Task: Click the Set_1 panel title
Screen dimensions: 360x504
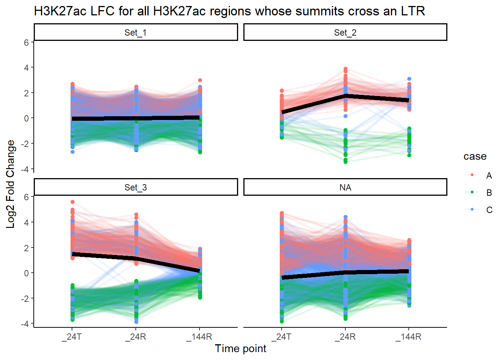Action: tap(135, 33)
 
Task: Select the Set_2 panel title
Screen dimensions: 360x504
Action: tap(345, 33)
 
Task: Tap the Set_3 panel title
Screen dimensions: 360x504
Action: tap(135, 187)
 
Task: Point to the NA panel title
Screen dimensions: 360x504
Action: tap(345, 187)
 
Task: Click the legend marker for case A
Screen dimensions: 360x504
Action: tap(472, 175)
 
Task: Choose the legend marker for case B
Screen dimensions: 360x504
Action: tap(472, 192)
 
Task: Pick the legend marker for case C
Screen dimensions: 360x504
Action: tap(472, 210)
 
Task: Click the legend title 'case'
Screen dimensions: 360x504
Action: tap(475, 156)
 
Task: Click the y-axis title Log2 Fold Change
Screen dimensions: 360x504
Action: tap(10, 184)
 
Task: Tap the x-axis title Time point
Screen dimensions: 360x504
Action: tap(240, 348)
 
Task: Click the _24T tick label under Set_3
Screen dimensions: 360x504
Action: tap(72, 337)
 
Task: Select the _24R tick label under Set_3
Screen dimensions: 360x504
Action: tap(135, 337)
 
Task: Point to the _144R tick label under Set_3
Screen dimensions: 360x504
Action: tap(199, 337)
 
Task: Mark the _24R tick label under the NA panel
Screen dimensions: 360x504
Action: tap(345, 337)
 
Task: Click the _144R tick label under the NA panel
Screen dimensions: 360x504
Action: tap(408, 337)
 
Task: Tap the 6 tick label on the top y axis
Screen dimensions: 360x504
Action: tap(26, 43)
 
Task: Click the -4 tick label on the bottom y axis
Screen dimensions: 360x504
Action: tap(24, 324)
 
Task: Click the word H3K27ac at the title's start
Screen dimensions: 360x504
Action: tap(55, 11)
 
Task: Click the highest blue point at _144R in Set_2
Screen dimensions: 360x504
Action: tap(409, 79)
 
